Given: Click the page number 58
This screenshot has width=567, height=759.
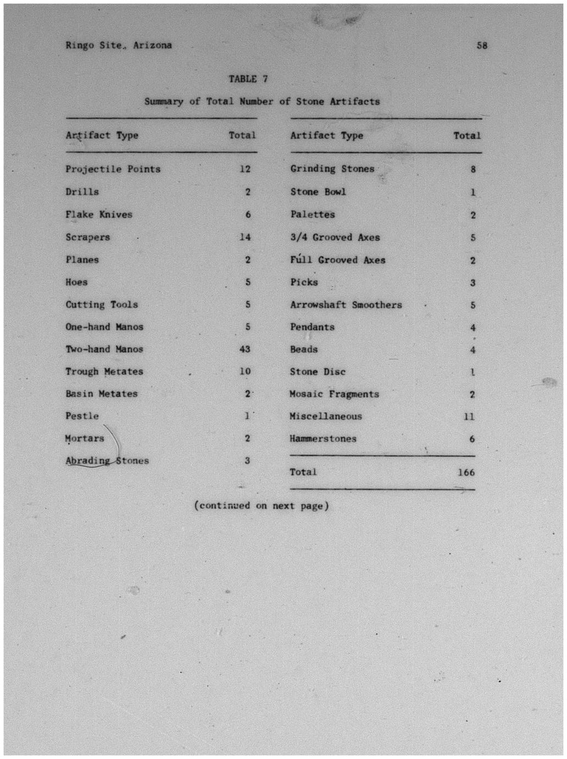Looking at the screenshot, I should tap(482, 46).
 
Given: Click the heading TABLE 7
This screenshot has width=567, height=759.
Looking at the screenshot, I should tap(248, 79).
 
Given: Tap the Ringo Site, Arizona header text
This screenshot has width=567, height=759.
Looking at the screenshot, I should tap(119, 46).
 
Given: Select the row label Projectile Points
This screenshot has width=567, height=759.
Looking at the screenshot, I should tap(113, 169).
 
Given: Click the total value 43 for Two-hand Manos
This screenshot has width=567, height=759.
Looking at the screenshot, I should tap(245, 349).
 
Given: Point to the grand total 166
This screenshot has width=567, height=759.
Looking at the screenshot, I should tap(466, 472).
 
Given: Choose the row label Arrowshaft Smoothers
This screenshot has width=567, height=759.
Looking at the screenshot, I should tap(346, 305).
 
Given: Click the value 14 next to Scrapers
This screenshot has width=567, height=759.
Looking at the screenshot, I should tap(245, 237).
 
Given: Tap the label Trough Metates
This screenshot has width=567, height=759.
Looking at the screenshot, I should tap(104, 372).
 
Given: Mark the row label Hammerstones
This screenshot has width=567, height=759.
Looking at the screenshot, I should tap(323, 439).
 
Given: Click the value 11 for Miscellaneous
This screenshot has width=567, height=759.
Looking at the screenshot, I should tap(469, 417).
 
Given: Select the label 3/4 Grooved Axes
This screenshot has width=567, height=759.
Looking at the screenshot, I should tap(335, 238).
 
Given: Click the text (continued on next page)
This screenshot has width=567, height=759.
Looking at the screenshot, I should tap(262, 506).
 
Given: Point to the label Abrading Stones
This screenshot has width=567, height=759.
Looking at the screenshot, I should tap(107, 461).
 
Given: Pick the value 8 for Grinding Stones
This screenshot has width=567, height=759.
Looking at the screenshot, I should tap(473, 169).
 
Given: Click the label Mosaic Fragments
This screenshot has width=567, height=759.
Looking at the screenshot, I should tap(334, 394).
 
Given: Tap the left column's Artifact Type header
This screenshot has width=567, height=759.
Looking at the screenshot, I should tap(102, 135).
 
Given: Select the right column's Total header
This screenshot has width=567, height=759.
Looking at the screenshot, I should tap(467, 136).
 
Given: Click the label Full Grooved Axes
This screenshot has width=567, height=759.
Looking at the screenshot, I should tap(338, 260).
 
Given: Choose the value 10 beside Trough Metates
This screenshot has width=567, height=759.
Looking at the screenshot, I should tap(245, 372).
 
